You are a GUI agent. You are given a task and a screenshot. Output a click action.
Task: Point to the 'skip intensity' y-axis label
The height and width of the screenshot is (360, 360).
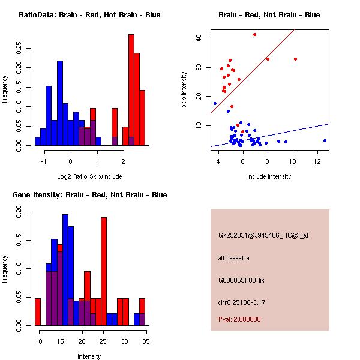pyautogui.click(x=184, y=90)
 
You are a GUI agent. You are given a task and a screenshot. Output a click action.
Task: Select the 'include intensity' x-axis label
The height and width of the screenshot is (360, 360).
pyautogui.click(x=269, y=176)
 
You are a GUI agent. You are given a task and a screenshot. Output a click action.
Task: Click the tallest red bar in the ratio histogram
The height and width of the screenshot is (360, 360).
pyautogui.click(x=131, y=90)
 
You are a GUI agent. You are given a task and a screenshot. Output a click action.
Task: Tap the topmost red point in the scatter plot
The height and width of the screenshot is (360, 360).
pyautogui.click(x=254, y=35)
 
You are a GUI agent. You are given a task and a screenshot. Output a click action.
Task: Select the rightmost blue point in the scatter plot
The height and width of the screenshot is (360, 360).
pyautogui.click(x=325, y=140)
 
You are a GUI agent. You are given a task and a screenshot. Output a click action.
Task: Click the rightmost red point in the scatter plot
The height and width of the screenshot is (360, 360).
pyautogui.click(x=296, y=59)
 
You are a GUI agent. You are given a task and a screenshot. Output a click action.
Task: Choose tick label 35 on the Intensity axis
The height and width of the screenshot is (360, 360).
pyautogui.click(x=146, y=341)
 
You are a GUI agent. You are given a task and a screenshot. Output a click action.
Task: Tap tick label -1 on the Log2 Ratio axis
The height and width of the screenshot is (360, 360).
pyautogui.click(x=43, y=161)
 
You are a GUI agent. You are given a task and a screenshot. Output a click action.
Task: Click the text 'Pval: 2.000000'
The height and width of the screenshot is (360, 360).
pyautogui.click(x=239, y=319)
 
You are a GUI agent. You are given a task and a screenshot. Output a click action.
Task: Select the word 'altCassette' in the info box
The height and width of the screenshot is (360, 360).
pyautogui.click(x=233, y=258)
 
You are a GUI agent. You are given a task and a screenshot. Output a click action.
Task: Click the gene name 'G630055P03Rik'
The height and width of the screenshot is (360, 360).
pyautogui.click(x=238, y=280)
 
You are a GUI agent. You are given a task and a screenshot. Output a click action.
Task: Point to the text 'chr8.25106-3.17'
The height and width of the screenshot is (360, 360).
pyautogui.click(x=241, y=301)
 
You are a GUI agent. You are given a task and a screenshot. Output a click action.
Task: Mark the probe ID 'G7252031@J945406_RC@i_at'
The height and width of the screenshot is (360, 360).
pyautogui.click(x=263, y=236)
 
